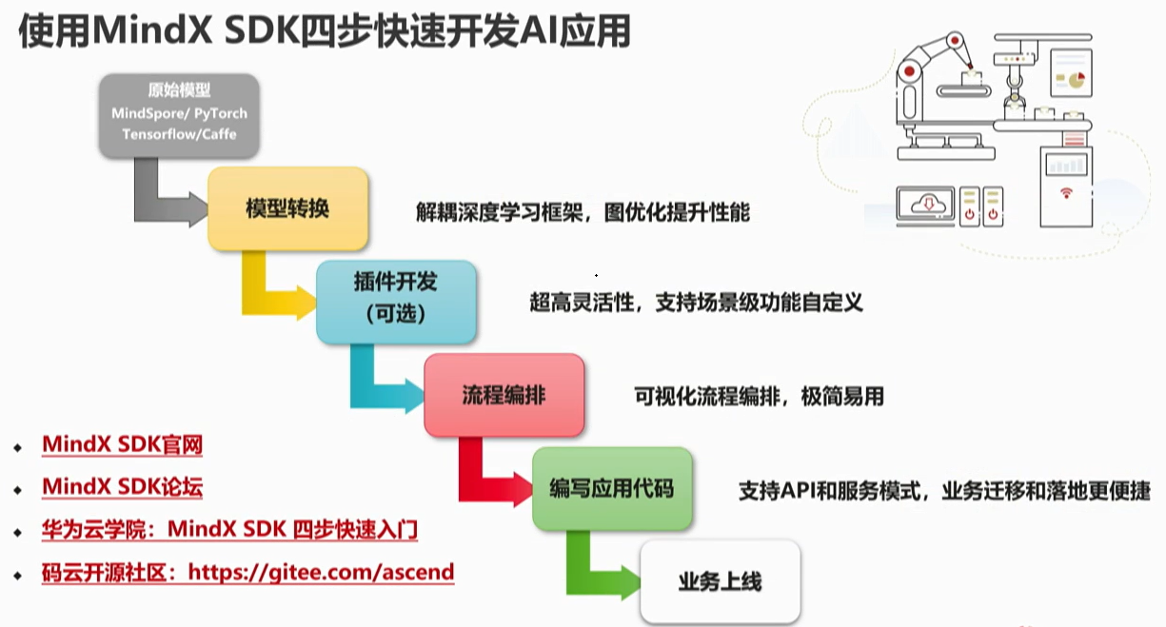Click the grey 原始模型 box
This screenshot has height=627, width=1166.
(x=179, y=115)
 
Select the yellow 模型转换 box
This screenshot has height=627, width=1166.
(x=287, y=208)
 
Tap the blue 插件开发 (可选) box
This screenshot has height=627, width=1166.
(x=396, y=302)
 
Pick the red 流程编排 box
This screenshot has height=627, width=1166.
(x=504, y=396)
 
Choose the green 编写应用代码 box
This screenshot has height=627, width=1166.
(x=612, y=489)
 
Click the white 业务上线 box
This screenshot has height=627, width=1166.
(x=721, y=581)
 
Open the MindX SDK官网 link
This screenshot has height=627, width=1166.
(x=123, y=445)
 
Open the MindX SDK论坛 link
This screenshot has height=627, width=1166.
(x=123, y=487)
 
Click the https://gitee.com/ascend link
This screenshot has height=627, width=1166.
(x=321, y=572)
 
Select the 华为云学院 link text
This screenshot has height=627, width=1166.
(x=94, y=530)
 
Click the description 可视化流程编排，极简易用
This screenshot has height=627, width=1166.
(x=759, y=397)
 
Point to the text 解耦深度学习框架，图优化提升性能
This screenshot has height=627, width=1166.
(x=583, y=212)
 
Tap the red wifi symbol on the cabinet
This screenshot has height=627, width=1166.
(x=1066, y=193)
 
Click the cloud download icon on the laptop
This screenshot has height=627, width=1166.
(x=928, y=205)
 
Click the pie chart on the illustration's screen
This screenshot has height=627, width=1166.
(x=1077, y=80)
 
